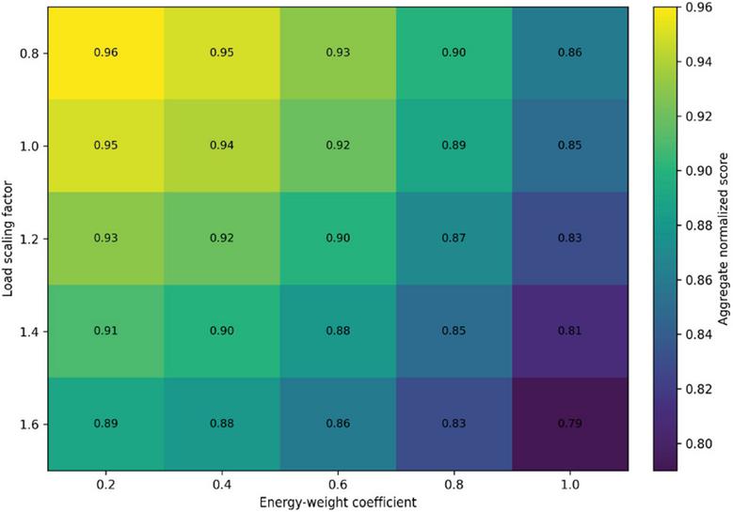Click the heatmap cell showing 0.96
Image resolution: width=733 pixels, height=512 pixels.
105,54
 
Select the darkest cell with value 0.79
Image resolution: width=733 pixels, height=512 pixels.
570,424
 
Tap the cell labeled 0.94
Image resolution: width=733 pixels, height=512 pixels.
222,146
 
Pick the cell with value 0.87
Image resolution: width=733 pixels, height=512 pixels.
454,239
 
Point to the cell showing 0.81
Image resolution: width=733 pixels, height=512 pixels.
570,331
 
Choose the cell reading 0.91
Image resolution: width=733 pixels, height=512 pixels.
105,331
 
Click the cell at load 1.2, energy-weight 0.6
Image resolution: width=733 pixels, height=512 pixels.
338,239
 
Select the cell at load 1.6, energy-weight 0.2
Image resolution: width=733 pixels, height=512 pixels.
105,424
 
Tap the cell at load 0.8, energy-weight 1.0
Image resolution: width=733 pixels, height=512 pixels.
570,54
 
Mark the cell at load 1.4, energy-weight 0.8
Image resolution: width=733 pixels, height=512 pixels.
454,331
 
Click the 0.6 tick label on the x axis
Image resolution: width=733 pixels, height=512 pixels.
338,485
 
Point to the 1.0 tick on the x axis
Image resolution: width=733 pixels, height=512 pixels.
570,485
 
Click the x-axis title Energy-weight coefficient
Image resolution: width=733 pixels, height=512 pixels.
338,503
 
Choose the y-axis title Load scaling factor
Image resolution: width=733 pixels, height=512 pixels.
8,239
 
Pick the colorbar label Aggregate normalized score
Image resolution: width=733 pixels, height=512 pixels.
723,239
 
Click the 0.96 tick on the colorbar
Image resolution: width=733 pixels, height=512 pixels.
699,8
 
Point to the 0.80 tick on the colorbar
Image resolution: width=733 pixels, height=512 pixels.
699,443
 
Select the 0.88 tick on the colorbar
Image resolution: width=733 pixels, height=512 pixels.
699,225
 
